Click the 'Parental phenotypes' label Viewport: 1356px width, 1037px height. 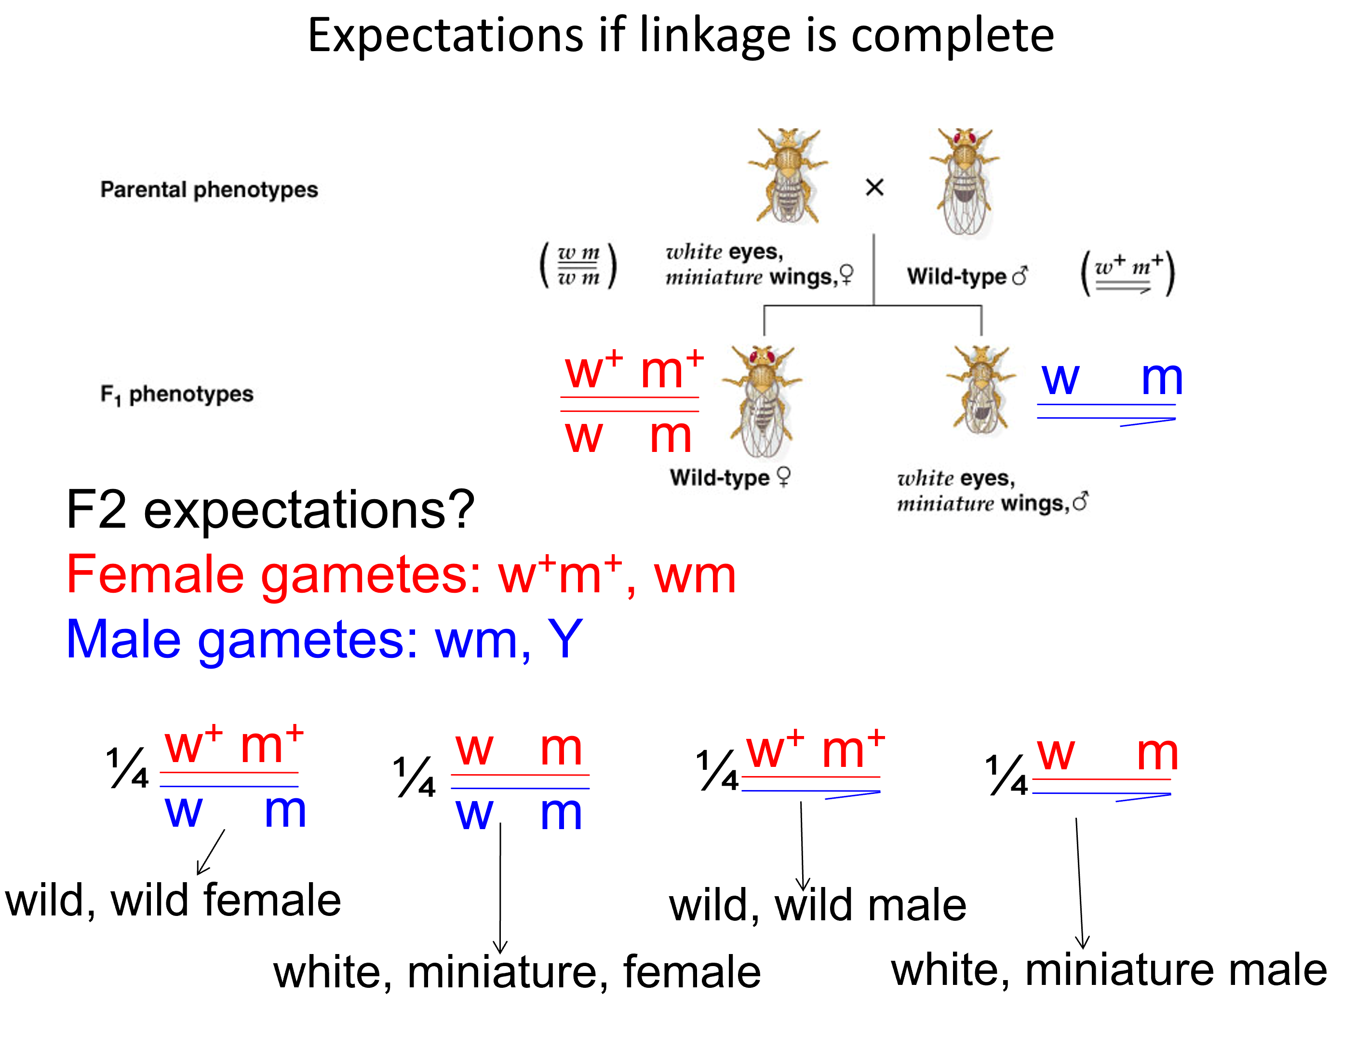[209, 190]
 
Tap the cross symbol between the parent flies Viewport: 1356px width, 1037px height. [874, 187]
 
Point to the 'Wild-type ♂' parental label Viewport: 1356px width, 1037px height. [967, 276]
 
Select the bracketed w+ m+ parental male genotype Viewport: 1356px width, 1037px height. [1127, 273]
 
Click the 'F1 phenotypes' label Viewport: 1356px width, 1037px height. [177, 394]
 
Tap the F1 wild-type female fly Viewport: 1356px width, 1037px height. [763, 401]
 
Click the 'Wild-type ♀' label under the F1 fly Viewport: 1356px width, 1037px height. [730, 477]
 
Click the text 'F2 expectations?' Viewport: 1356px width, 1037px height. [270, 510]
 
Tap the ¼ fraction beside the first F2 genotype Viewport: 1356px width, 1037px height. [128, 768]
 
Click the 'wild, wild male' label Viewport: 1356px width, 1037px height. [818, 905]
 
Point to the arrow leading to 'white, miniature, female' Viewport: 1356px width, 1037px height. [500, 889]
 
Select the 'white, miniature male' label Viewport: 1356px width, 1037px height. [1109, 970]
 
